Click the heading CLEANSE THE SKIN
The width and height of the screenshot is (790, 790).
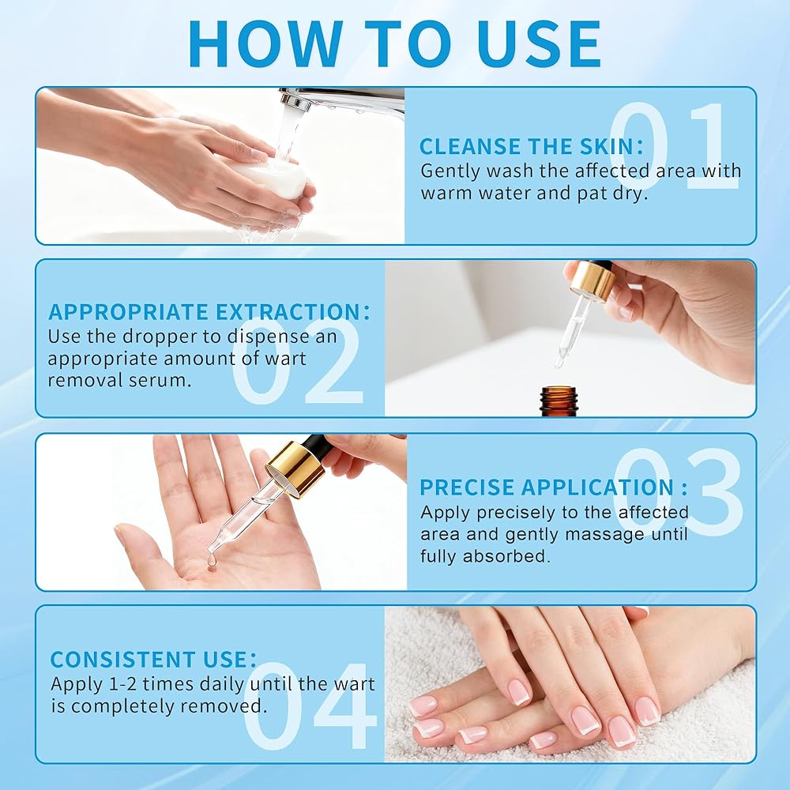click(532, 147)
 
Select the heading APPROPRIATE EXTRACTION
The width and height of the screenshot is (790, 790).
click(209, 312)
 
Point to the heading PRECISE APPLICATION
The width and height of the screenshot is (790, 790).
click(553, 487)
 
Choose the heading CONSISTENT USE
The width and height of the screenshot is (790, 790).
click(153, 660)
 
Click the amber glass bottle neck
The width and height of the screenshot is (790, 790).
click(559, 401)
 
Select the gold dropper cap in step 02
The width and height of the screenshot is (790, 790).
click(592, 280)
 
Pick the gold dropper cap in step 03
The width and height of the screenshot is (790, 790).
click(296, 468)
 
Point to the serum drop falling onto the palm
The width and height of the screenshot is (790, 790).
click(212, 562)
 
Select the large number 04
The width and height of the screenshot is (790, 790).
click(310, 705)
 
